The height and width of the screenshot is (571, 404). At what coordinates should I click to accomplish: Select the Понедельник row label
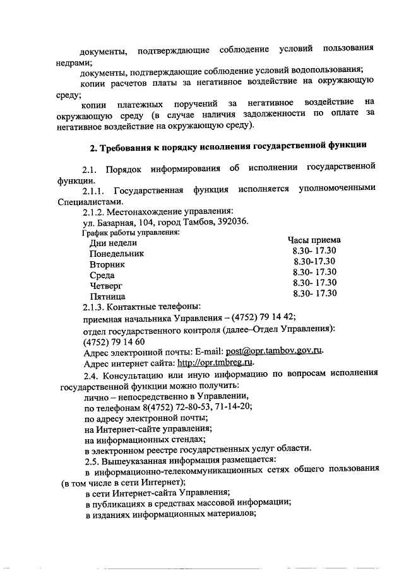pos(117,253)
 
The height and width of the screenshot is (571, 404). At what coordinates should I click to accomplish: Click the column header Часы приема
pos(314,240)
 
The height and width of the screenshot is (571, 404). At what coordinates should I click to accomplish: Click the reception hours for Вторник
pos(314,261)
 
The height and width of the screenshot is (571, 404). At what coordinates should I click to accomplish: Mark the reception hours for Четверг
pos(315,283)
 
